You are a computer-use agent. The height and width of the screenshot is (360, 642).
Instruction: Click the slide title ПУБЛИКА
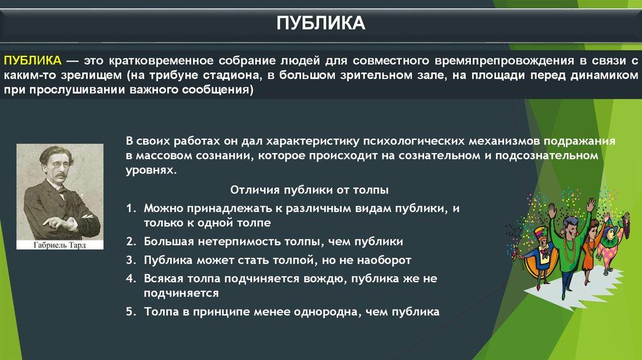320,23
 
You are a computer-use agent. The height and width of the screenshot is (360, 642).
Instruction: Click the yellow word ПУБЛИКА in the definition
33,61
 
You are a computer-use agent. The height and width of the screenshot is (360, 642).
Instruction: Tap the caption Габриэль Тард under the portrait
60,245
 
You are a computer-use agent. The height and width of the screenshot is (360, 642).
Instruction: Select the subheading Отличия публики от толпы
309,190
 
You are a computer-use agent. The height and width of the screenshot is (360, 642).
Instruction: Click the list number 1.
130,208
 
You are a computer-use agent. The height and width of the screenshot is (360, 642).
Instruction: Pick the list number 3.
130,260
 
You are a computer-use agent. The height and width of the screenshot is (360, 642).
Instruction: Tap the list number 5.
130,312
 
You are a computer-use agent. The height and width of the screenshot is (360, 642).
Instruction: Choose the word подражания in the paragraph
579,141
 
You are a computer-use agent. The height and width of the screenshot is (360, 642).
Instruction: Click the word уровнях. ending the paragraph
151,171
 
